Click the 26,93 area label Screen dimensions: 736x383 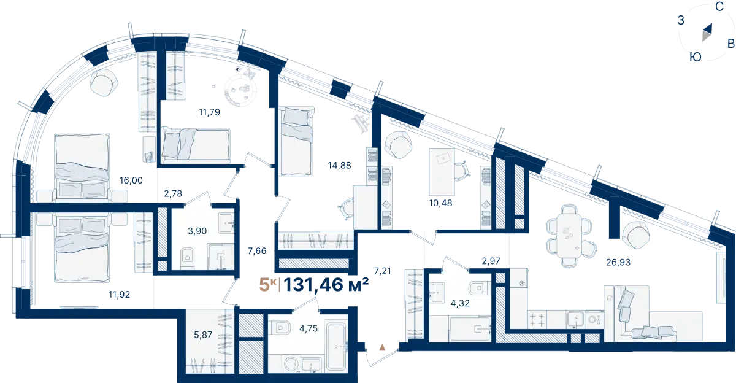[x=618, y=262]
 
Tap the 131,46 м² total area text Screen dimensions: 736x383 [x=326, y=285]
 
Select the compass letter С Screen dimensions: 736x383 [x=719, y=7]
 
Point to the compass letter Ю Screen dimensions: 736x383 [x=696, y=57]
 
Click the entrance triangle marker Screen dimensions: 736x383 [x=382, y=347]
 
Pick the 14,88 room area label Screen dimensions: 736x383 [x=339, y=165]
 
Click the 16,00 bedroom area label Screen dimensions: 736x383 [x=131, y=180]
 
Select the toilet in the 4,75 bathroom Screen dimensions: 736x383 [x=281, y=328]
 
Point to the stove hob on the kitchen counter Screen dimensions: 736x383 [x=537, y=319]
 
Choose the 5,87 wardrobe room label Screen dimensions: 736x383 [x=203, y=335]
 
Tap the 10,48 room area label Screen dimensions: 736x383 [x=440, y=203]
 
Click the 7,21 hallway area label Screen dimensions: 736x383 [x=383, y=271]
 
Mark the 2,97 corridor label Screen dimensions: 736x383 [x=491, y=261]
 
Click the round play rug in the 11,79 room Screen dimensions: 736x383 [x=240, y=90]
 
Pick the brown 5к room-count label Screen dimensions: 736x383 [x=267, y=285]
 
